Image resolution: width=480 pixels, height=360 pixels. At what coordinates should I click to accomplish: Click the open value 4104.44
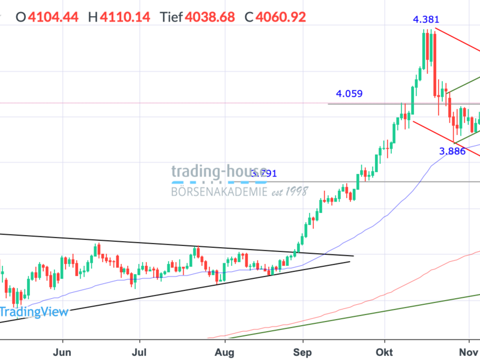coord(53,16)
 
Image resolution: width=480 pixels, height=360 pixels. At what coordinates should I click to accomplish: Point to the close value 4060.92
coord(281,16)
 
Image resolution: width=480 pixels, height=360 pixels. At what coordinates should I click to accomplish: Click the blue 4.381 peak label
coord(426,20)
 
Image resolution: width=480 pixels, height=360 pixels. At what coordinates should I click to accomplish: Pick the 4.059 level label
coord(349,94)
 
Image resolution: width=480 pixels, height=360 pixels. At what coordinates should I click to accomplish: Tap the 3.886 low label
coord(452,151)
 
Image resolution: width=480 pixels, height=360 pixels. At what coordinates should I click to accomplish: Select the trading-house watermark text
coord(219,171)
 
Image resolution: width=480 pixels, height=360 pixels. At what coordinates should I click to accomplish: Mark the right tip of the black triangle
coord(353,256)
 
